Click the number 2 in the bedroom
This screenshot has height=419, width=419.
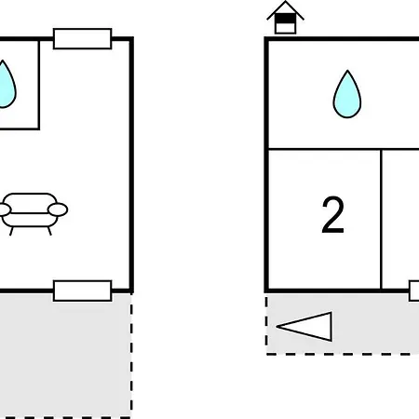(332, 215)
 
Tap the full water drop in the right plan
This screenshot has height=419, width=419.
(347, 94)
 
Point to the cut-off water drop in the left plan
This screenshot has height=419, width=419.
(7, 85)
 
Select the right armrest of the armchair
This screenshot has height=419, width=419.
(58, 209)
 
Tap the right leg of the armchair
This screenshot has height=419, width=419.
(49, 231)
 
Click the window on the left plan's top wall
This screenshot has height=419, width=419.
(82, 39)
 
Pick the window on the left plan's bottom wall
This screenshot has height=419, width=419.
(82, 291)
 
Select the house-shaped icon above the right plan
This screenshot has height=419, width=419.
(285, 18)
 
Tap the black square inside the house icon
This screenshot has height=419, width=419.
(285, 19)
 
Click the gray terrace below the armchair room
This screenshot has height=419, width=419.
(65, 356)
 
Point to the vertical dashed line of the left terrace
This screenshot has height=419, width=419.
(131, 356)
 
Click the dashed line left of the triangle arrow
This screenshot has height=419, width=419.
(266, 324)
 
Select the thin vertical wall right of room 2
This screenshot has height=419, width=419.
(381, 219)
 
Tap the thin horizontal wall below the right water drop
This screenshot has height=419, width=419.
(344, 149)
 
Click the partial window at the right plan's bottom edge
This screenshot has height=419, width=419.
(414, 291)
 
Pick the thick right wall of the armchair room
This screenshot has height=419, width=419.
(131, 165)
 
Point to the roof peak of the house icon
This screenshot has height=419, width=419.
(285, 2)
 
